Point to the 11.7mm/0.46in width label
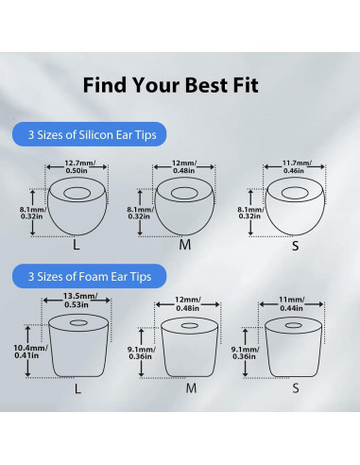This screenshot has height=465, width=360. (292, 165)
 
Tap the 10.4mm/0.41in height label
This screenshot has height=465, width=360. (27, 353)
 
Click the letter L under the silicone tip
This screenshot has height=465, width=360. (77, 244)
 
